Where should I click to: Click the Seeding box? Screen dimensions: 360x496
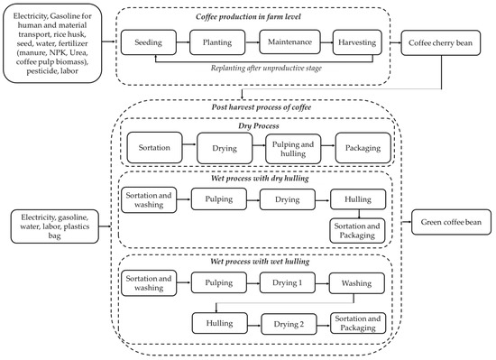(148, 42)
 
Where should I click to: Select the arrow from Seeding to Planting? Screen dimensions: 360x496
(182, 42)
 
